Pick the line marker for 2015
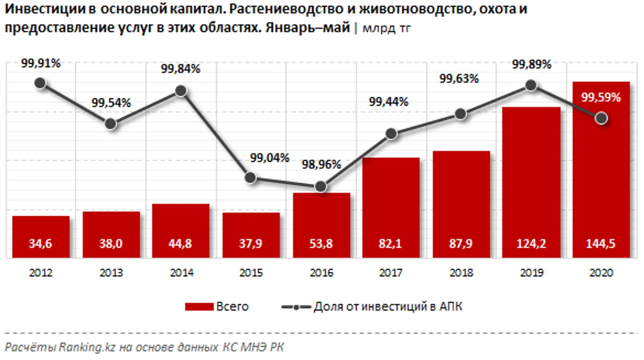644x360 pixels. tap(251, 178)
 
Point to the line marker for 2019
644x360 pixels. tap(531, 85)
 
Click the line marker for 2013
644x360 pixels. tap(111, 124)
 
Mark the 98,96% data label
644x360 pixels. tap(321, 164)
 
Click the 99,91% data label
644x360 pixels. tap(41, 63)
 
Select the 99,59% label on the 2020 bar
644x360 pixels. tap(601, 97)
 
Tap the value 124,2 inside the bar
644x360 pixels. tap(531, 244)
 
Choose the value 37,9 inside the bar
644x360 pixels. tap(250, 244)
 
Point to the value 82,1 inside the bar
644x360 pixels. tap(390, 244)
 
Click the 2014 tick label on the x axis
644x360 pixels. tap(182, 272)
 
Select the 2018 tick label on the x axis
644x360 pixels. tap(461, 272)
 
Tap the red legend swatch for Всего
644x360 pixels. tap(199, 306)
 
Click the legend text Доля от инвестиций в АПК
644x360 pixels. tap(388, 306)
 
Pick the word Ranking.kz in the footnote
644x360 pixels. tap(87, 347)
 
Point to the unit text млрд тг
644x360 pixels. tap(386, 28)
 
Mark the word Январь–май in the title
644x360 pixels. tap(307, 28)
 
